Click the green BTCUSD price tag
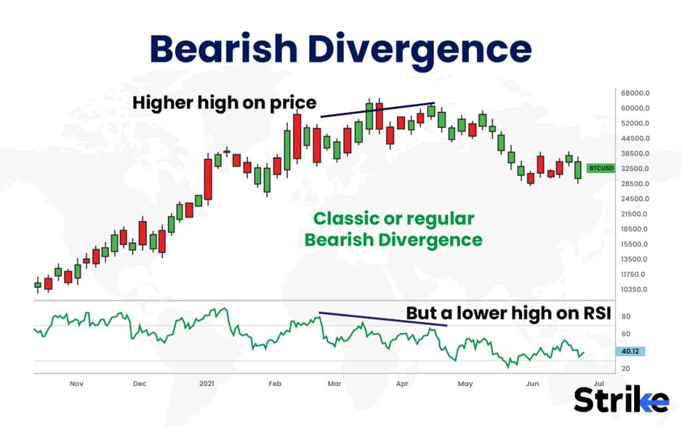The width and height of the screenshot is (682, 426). click(x=600, y=168)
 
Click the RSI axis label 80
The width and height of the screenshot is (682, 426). click(x=625, y=317)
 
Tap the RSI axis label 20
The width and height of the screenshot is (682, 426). click(x=625, y=368)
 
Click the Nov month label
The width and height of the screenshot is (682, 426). click(x=76, y=384)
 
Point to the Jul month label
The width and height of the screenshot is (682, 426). click(x=598, y=384)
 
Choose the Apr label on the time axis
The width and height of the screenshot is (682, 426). click(x=402, y=384)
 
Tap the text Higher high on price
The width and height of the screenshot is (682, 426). click(x=224, y=103)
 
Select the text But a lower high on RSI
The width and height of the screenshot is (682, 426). click(x=508, y=314)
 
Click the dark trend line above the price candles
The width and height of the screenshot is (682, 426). click(x=378, y=110)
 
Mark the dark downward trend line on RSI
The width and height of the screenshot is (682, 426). click(x=382, y=319)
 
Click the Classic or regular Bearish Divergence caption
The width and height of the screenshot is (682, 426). click(x=393, y=228)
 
